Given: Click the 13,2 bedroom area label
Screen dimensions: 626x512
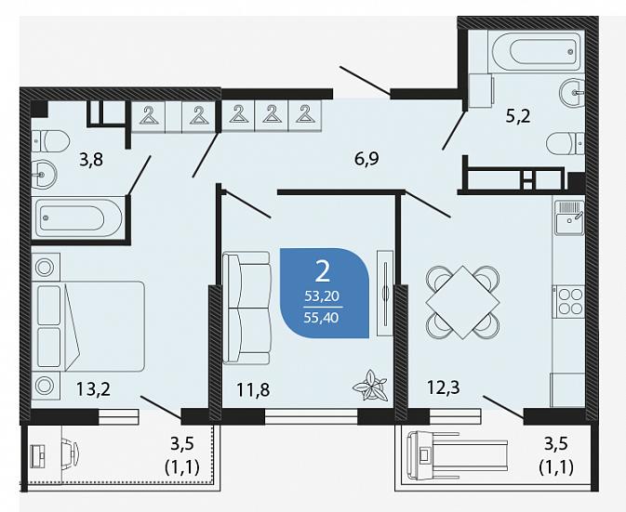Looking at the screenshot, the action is coord(93,388).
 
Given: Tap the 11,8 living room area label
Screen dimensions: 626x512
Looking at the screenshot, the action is coord(253,389).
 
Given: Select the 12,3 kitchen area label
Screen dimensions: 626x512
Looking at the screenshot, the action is coord(443,387).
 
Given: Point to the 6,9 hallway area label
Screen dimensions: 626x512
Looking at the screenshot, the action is coord(366,159).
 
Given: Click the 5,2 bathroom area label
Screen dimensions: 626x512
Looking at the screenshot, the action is coord(518,116).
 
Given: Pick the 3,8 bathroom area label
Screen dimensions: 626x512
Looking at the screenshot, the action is coord(91,160).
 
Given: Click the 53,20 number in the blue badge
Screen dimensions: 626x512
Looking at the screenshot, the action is coord(322,295).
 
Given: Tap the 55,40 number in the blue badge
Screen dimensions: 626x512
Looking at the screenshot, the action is coord(322,318).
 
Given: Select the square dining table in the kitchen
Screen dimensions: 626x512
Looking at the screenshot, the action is coord(462,302).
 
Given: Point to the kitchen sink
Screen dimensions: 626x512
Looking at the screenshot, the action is coord(569,218).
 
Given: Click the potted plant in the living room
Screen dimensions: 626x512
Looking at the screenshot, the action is coord(370,386).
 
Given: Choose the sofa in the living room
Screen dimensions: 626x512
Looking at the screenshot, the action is coord(246,308).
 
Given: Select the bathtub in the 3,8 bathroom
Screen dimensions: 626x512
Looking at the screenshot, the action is coord(78,217).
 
